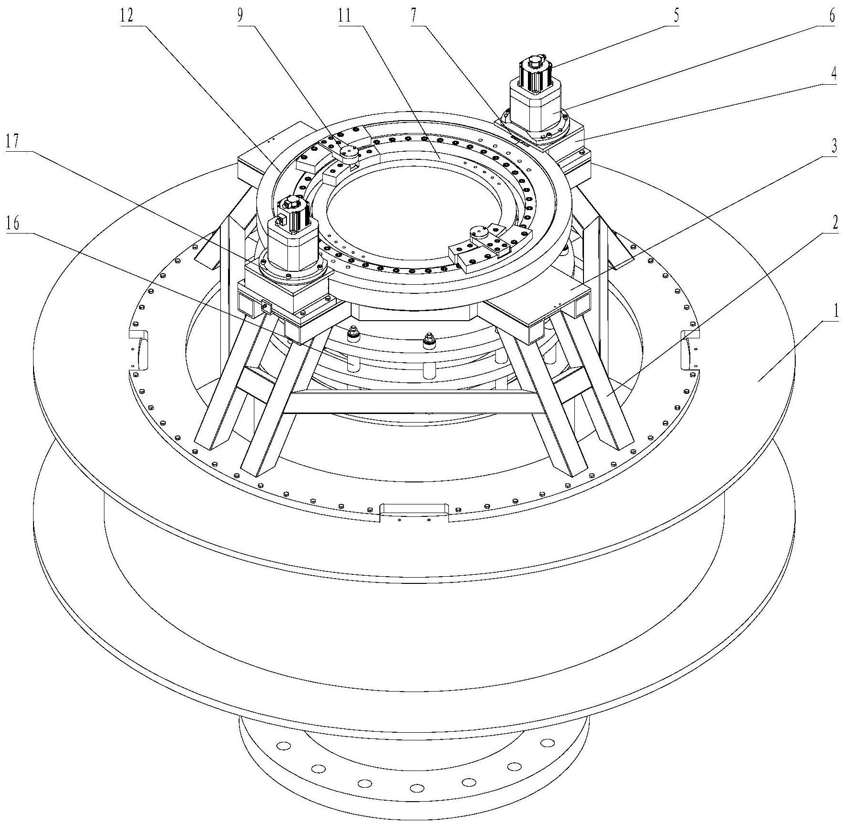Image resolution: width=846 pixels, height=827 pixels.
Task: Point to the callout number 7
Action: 413,16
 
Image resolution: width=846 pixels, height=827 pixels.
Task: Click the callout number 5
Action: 676,16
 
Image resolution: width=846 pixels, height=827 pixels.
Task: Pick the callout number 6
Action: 832,16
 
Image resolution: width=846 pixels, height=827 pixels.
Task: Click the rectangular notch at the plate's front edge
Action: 415,512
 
